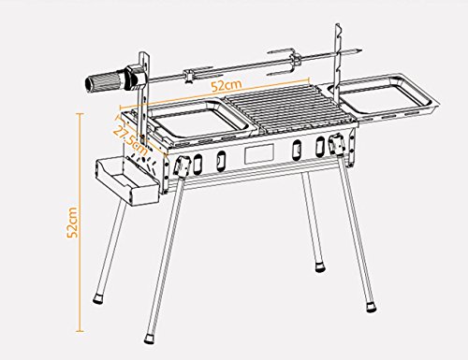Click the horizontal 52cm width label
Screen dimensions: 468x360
(x=227, y=85)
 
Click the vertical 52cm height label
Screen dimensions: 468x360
(x=72, y=223)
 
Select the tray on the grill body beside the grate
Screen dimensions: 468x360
(x=199, y=120)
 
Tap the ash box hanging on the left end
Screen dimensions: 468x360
(x=128, y=182)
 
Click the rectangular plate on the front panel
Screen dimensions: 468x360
(x=259, y=152)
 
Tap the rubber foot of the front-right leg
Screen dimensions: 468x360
(x=372, y=307)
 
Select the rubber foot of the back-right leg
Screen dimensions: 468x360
(x=319, y=266)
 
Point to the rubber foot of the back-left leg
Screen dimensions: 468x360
(x=97, y=298)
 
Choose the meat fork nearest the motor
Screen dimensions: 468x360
(x=197, y=74)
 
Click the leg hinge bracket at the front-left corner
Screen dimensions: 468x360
(x=183, y=166)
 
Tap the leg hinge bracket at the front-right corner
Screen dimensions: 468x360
(x=337, y=143)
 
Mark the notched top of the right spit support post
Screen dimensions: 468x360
(x=338, y=30)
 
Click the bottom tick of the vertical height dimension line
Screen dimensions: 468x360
(x=80, y=332)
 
